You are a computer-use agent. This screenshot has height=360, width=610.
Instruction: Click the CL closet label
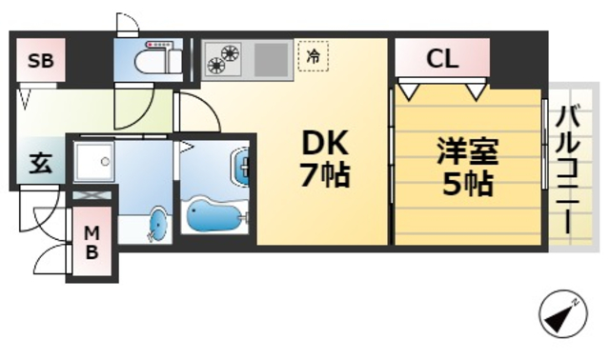tap(442, 58)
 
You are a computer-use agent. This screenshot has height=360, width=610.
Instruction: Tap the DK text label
tap(325, 144)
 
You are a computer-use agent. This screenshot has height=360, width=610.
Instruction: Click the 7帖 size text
tap(325, 177)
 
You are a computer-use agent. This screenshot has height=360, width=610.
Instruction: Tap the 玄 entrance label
tap(40, 163)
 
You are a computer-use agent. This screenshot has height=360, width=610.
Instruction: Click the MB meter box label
tap(91, 243)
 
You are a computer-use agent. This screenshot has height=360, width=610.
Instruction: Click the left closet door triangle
tap(411, 91)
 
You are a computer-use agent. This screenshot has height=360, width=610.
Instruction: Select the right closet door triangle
tap(477, 91)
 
